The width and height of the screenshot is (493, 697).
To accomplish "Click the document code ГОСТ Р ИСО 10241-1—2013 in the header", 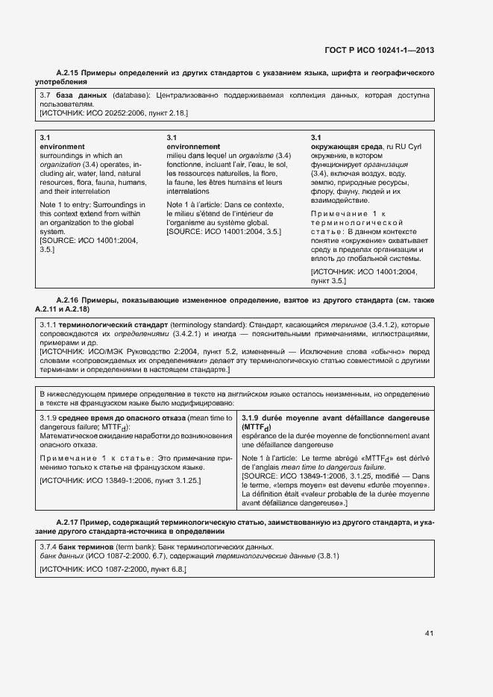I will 380,51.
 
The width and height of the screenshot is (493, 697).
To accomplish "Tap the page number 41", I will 429,634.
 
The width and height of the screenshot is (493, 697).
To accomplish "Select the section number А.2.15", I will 70,73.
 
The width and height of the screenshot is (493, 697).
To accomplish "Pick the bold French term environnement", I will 193,147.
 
